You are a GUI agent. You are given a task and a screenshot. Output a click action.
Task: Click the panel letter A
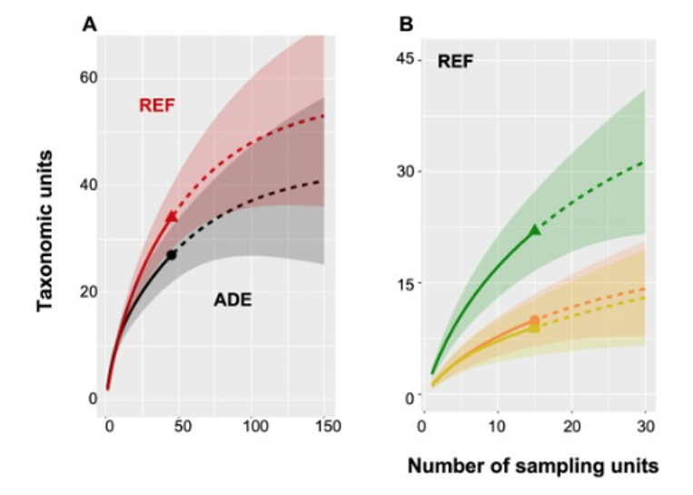coord(89,25)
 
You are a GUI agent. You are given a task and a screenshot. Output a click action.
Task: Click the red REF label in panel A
coord(156,105)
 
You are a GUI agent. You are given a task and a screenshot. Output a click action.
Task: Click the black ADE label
coord(233,301)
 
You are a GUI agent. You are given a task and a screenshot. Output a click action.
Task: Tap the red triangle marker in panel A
coord(171,217)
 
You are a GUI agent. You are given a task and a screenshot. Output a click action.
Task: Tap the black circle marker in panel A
coord(171,255)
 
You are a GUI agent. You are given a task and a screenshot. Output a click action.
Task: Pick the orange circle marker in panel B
coord(534,320)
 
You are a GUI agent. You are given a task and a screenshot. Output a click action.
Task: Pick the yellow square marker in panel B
coord(534,328)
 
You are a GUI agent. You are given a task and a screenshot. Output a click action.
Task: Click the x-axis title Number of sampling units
coord(531,467)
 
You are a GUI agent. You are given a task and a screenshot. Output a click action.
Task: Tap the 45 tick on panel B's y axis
coord(403,59)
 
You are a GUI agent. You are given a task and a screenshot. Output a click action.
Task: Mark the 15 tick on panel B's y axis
coord(403,283)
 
